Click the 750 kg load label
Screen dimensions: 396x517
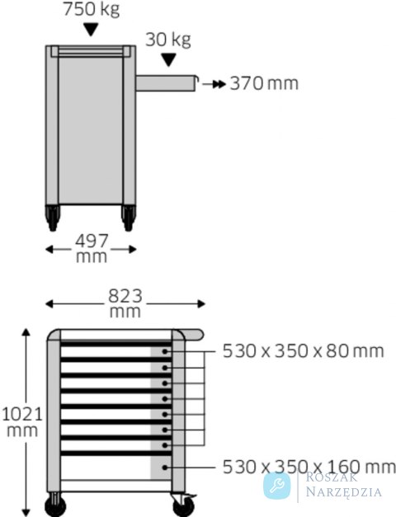[91, 9]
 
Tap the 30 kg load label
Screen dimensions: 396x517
[168, 40]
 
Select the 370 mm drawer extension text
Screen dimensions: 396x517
[264, 83]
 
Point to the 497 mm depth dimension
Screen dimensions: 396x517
[92, 249]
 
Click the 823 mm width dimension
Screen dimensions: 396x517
[125, 303]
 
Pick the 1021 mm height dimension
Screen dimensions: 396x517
[22, 422]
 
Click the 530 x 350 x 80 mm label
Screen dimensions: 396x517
[304, 351]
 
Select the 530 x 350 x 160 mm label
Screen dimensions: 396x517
[309, 467]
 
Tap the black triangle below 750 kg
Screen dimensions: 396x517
[91, 30]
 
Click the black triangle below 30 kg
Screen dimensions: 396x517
[168, 60]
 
